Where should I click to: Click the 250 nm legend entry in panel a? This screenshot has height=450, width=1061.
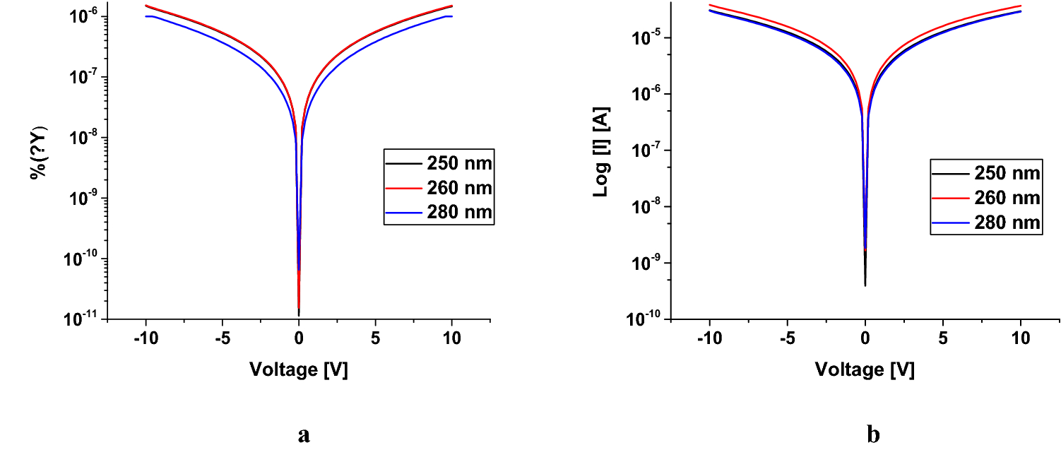tap(438, 164)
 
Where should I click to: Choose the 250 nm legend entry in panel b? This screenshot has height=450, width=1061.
tap(985, 174)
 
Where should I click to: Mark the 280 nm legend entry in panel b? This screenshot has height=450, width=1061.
tap(985, 222)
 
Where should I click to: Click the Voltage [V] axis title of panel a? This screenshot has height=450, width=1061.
tap(298, 369)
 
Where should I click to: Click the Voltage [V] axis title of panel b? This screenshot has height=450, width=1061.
tap(865, 369)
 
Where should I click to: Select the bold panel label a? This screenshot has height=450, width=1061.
tap(304, 434)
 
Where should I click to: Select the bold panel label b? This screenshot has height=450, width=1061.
tap(874, 434)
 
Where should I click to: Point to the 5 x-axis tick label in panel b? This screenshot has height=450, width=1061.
tap(943, 338)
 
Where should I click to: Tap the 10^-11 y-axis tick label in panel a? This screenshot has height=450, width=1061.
tap(83, 320)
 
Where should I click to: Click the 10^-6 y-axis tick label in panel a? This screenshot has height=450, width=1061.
tap(85, 17)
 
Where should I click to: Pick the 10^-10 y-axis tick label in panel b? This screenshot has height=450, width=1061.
tap(648, 320)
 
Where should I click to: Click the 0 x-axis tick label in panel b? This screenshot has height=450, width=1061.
tap(865, 338)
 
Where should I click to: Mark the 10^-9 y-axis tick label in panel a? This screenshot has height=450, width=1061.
tap(85, 199)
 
